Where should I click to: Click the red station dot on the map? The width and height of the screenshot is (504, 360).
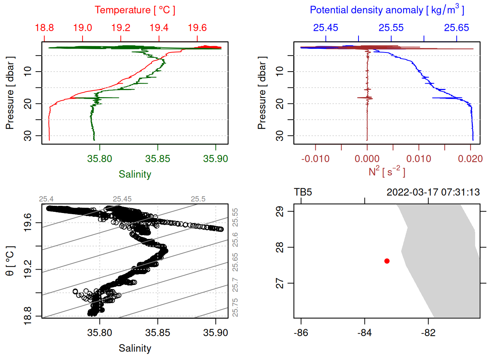click(x=387, y=261)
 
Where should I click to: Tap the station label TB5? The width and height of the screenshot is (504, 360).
click(x=303, y=192)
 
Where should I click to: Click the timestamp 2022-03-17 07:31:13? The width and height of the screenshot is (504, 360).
click(x=433, y=192)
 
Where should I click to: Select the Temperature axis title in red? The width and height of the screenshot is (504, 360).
click(x=135, y=10)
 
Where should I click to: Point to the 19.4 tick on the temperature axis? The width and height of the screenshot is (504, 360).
click(x=159, y=28)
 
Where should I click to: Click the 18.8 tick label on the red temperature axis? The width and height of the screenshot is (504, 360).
click(x=44, y=28)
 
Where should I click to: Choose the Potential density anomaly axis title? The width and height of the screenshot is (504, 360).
click(x=387, y=10)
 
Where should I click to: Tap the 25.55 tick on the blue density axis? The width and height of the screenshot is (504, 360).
click(x=391, y=28)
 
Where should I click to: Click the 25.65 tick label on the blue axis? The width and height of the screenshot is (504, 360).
click(x=456, y=28)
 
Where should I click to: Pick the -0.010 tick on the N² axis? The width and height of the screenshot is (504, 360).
click(x=315, y=159)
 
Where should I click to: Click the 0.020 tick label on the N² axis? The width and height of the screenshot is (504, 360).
click(x=470, y=159)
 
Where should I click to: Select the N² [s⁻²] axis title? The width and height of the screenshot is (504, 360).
click(x=387, y=172)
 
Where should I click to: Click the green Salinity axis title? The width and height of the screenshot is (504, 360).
click(x=135, y=174)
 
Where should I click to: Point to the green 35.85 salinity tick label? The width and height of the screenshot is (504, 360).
click(x=157, y=159)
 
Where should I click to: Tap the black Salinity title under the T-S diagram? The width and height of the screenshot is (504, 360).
click(x=135, y=348)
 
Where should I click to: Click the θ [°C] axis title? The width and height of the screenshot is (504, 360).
click(x=10, y=261)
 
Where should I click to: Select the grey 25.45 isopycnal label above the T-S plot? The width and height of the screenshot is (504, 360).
click(x=122, y=199)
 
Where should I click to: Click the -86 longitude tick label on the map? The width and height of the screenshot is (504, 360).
click(x=301, y=333)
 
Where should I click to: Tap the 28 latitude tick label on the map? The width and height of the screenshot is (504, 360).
click(x=280, y=247)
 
